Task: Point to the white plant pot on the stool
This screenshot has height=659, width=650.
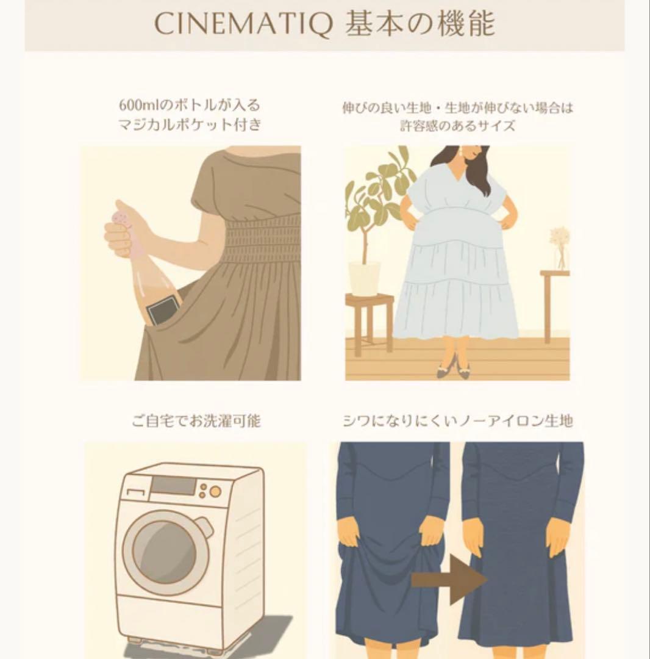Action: point(364,278)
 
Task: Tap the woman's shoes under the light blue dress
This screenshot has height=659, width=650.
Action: point(455,369)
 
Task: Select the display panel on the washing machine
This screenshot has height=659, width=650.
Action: point(173,486)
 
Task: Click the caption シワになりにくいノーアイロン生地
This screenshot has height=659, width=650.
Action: point(458,422)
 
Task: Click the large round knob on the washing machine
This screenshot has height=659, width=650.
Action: point(214,492)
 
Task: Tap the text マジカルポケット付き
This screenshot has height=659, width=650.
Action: point(190,125)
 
